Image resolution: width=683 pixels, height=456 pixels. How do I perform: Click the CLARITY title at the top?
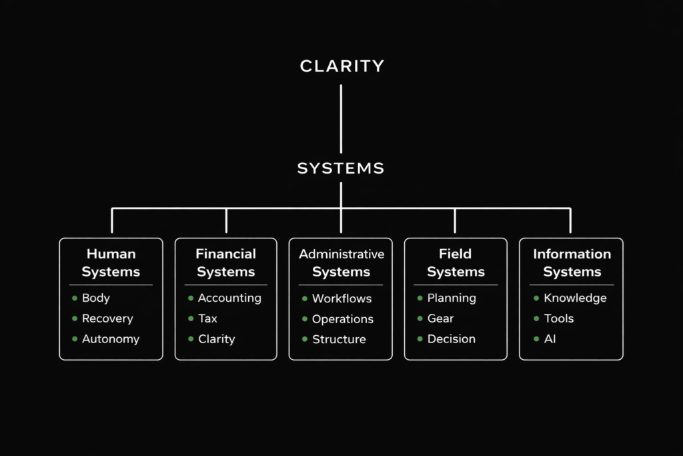click(341, 66)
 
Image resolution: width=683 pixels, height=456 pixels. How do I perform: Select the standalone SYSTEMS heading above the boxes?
click(341, 168)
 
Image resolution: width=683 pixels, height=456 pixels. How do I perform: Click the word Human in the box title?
click(111, 254)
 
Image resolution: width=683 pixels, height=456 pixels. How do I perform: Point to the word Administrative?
click(341, 254)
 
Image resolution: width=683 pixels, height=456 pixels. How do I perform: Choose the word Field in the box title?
click(456, 254)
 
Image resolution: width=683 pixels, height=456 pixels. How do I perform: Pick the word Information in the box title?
click(572, 254)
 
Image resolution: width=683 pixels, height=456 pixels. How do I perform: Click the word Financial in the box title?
click(225, 254)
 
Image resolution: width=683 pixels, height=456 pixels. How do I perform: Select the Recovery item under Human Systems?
click(107, 318)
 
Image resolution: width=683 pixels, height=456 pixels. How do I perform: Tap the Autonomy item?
click(111, 339)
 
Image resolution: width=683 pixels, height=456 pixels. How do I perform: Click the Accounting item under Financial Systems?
click(229, 298)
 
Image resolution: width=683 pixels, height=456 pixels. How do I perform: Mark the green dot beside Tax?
click(191, 318)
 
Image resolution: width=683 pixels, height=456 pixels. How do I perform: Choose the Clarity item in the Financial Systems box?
click(216, 339)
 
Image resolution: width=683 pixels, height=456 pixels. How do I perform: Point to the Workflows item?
click(341, 298)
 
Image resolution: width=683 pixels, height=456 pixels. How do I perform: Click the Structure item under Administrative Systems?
click(339, 339)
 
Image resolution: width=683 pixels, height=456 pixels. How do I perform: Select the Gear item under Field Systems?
click(440, 318)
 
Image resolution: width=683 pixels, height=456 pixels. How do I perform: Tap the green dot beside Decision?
click(420, 339)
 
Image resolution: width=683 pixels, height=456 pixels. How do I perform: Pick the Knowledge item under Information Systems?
click(575, 298)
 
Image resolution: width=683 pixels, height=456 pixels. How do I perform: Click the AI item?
click(550, 339)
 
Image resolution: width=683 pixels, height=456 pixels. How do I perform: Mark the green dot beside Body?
click(75, 298)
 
